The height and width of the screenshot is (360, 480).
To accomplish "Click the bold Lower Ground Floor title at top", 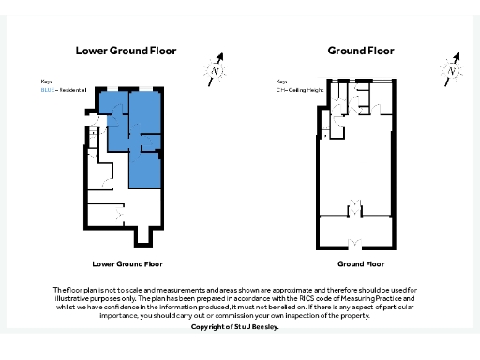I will click(125, 51).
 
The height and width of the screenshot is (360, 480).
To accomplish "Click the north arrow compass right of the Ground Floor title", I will click(452, 67).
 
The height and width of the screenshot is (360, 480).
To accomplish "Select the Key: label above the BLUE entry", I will click(46, 81).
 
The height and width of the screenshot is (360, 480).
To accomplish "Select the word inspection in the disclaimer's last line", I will click(319, 316).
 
